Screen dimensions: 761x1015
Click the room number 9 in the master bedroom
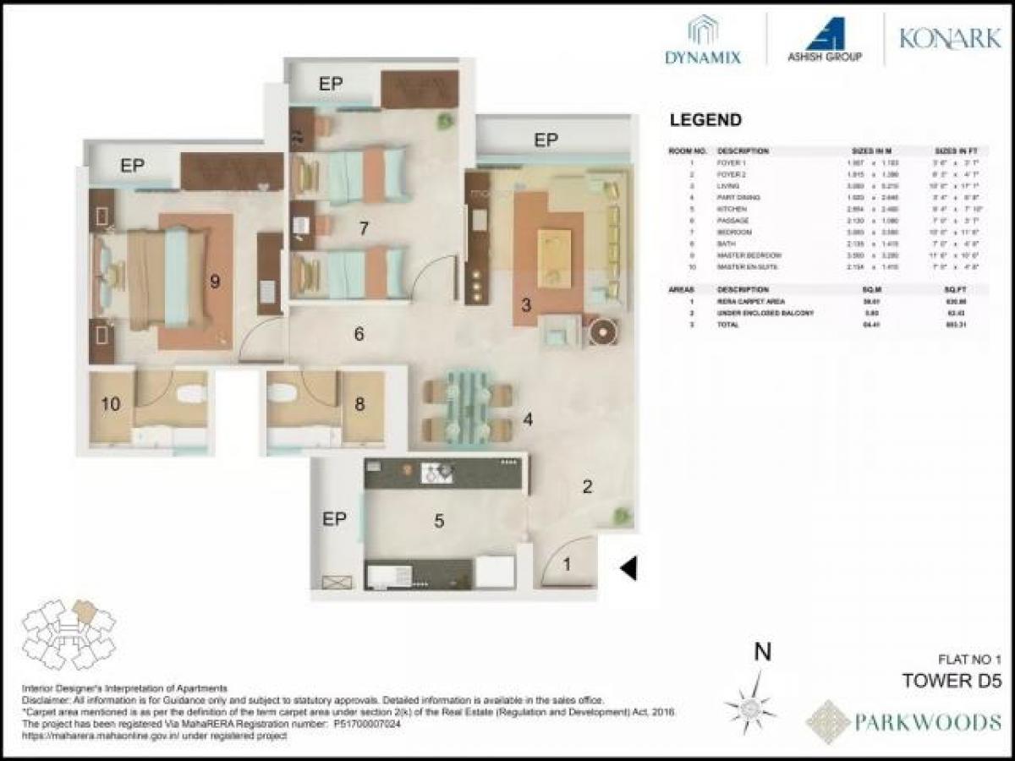point(215,282)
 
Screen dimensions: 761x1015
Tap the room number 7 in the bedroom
point(364,227)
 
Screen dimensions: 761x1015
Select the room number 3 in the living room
point(525,305)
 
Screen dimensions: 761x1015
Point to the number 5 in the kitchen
point(439,521)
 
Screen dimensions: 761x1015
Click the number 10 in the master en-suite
point(110,404)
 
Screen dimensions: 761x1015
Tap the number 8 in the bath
point(359,404)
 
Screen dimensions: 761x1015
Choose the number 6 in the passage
point(359,335)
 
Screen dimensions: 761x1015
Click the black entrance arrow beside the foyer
point(628,569)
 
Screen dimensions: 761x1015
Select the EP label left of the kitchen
point(334,519)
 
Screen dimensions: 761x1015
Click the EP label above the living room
point(546,140)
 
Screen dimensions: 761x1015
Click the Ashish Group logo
point(824,41)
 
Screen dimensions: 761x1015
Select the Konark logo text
point(949,39)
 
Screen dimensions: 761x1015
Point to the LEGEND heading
point(705,120)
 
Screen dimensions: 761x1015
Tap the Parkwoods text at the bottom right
point(926,722)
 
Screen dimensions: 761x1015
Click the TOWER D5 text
point(950,681)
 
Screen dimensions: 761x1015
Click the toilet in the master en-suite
point(192,394)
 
